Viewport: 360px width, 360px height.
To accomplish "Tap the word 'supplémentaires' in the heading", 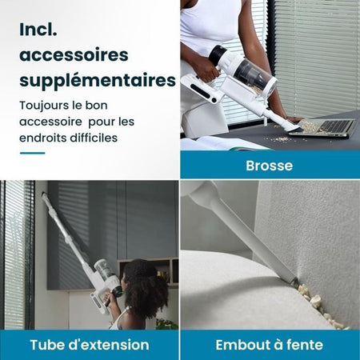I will pyautogui.click(x=97, y=81).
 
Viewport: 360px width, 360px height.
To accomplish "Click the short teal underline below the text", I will pyautogui.click(x=32, y=152).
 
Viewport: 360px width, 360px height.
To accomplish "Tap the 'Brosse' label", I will pyautogui.click(x=269, y=166).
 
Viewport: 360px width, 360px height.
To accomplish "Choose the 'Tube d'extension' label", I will pyautogui.click(x=90, y=345).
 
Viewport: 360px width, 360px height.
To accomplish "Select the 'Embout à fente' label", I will pyautogui.click(x=269, y=345).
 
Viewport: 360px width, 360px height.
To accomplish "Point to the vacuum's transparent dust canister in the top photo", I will pyautogui.click(x=254, y=75).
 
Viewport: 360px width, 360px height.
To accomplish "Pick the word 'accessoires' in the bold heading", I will pyautogui.click(x=74, y=55).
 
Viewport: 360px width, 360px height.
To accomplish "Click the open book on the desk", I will pyautogui.click(x=212, y=144).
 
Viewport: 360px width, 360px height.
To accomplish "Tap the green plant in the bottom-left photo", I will pyautogui.click(x=166, y=323).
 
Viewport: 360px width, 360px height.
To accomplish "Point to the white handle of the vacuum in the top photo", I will pyautogui.click(x=200, y=86).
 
